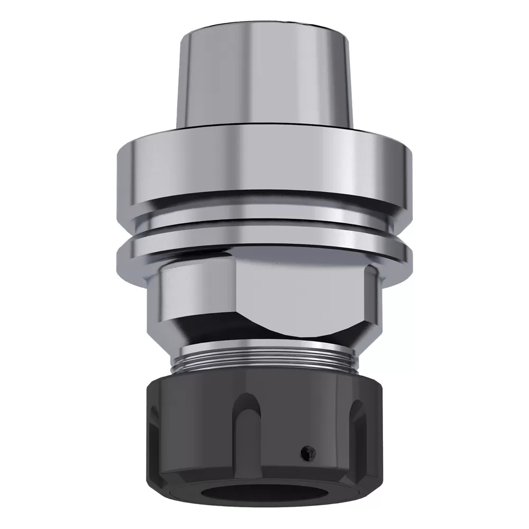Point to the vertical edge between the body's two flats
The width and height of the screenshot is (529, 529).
click(232, 296)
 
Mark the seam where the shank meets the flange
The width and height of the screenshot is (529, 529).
click(264, 129)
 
